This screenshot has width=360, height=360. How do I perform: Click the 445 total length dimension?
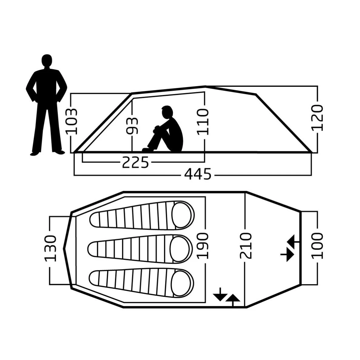[198, 174]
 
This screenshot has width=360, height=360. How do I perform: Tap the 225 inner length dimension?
[136, 162]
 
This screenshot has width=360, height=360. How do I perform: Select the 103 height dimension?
[71, 121]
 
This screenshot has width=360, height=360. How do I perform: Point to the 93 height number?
[132, 126]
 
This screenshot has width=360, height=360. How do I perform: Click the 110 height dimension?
[203, 122]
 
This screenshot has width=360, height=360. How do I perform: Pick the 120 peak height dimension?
[317, 118]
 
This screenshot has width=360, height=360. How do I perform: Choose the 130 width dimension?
[50, 248]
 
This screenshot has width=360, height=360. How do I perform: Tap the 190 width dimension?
[203, 246]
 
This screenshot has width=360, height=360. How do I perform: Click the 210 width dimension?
[246, 246]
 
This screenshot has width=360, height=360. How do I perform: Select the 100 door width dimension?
[317, 246]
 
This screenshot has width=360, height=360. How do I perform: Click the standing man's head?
[47, 61]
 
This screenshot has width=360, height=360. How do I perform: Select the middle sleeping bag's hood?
[181, 249]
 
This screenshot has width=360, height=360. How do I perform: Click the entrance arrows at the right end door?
[290, 248]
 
